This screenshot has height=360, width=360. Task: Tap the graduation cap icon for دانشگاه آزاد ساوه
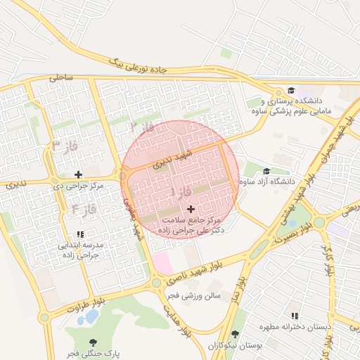(x=266, y=172)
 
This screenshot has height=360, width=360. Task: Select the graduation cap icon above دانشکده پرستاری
(x=290, y=91)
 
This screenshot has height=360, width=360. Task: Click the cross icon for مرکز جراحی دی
(x=78, y=174)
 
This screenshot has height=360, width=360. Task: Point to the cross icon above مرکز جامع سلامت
(x=191, y=209)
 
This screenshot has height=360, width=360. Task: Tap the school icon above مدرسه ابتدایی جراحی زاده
(x=79, y=234)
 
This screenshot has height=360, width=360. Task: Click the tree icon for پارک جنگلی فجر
(x=93, y=342)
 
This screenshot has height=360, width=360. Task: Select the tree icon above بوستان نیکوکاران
(x=235, y=335)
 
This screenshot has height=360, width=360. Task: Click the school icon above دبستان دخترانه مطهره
(x=295, y=316)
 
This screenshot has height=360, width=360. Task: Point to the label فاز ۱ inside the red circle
(x=181, y=191)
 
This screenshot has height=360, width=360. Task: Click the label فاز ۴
(x=84, y=209)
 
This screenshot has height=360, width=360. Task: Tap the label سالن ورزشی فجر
(x=192, y=296)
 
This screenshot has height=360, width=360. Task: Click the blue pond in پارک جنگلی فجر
(x=89, y=318)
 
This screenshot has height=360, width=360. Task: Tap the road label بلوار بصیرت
(x=293, y=240)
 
